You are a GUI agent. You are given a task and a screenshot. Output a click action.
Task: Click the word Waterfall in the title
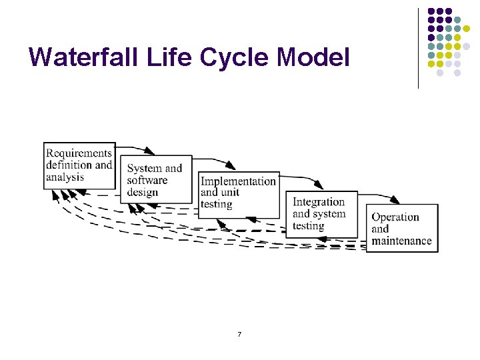point(77,57)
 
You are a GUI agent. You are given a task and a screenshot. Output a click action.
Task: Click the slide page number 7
point(239,333)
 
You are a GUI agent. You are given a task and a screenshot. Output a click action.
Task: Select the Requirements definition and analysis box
point(79,165)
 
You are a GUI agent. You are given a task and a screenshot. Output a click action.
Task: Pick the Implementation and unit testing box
point(239,193)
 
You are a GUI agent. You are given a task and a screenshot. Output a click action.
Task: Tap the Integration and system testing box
point(323,214)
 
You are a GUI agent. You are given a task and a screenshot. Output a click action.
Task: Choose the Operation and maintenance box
point(402,229)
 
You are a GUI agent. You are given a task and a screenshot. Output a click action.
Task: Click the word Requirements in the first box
point(79,153)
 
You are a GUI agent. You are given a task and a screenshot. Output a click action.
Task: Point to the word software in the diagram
point(147,181)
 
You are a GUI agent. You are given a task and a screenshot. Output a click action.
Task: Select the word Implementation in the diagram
point(238,181)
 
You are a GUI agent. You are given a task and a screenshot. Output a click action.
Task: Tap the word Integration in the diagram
point(319,202)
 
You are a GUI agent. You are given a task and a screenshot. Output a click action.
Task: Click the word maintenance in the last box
point(401,241)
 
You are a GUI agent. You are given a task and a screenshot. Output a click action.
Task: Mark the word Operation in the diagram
point(395,217)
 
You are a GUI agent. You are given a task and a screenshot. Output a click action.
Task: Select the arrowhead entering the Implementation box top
point(231,167)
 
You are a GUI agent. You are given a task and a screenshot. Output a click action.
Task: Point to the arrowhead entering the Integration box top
point(319,186)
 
